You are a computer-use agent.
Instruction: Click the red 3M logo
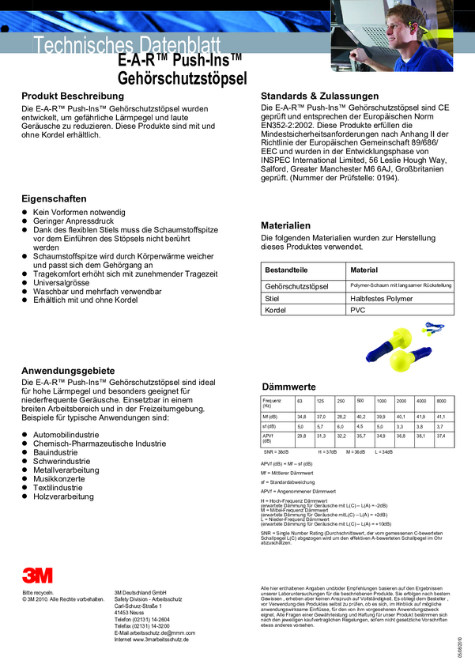(37, 575)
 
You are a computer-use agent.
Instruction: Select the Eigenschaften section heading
(54, 198)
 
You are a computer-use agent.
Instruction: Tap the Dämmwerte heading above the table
(288, 386)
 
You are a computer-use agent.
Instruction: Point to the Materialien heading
(285, 225)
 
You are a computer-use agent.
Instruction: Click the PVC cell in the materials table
(359, 311)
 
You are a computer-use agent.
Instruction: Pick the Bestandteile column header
(286, 270)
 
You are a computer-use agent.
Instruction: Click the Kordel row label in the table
(277, 311)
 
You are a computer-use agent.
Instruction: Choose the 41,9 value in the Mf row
(420, 417)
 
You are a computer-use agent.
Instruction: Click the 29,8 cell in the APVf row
(300, 436)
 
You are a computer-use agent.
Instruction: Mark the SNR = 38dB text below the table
(276, 451)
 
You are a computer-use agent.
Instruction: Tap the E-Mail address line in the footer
(155, 632)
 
